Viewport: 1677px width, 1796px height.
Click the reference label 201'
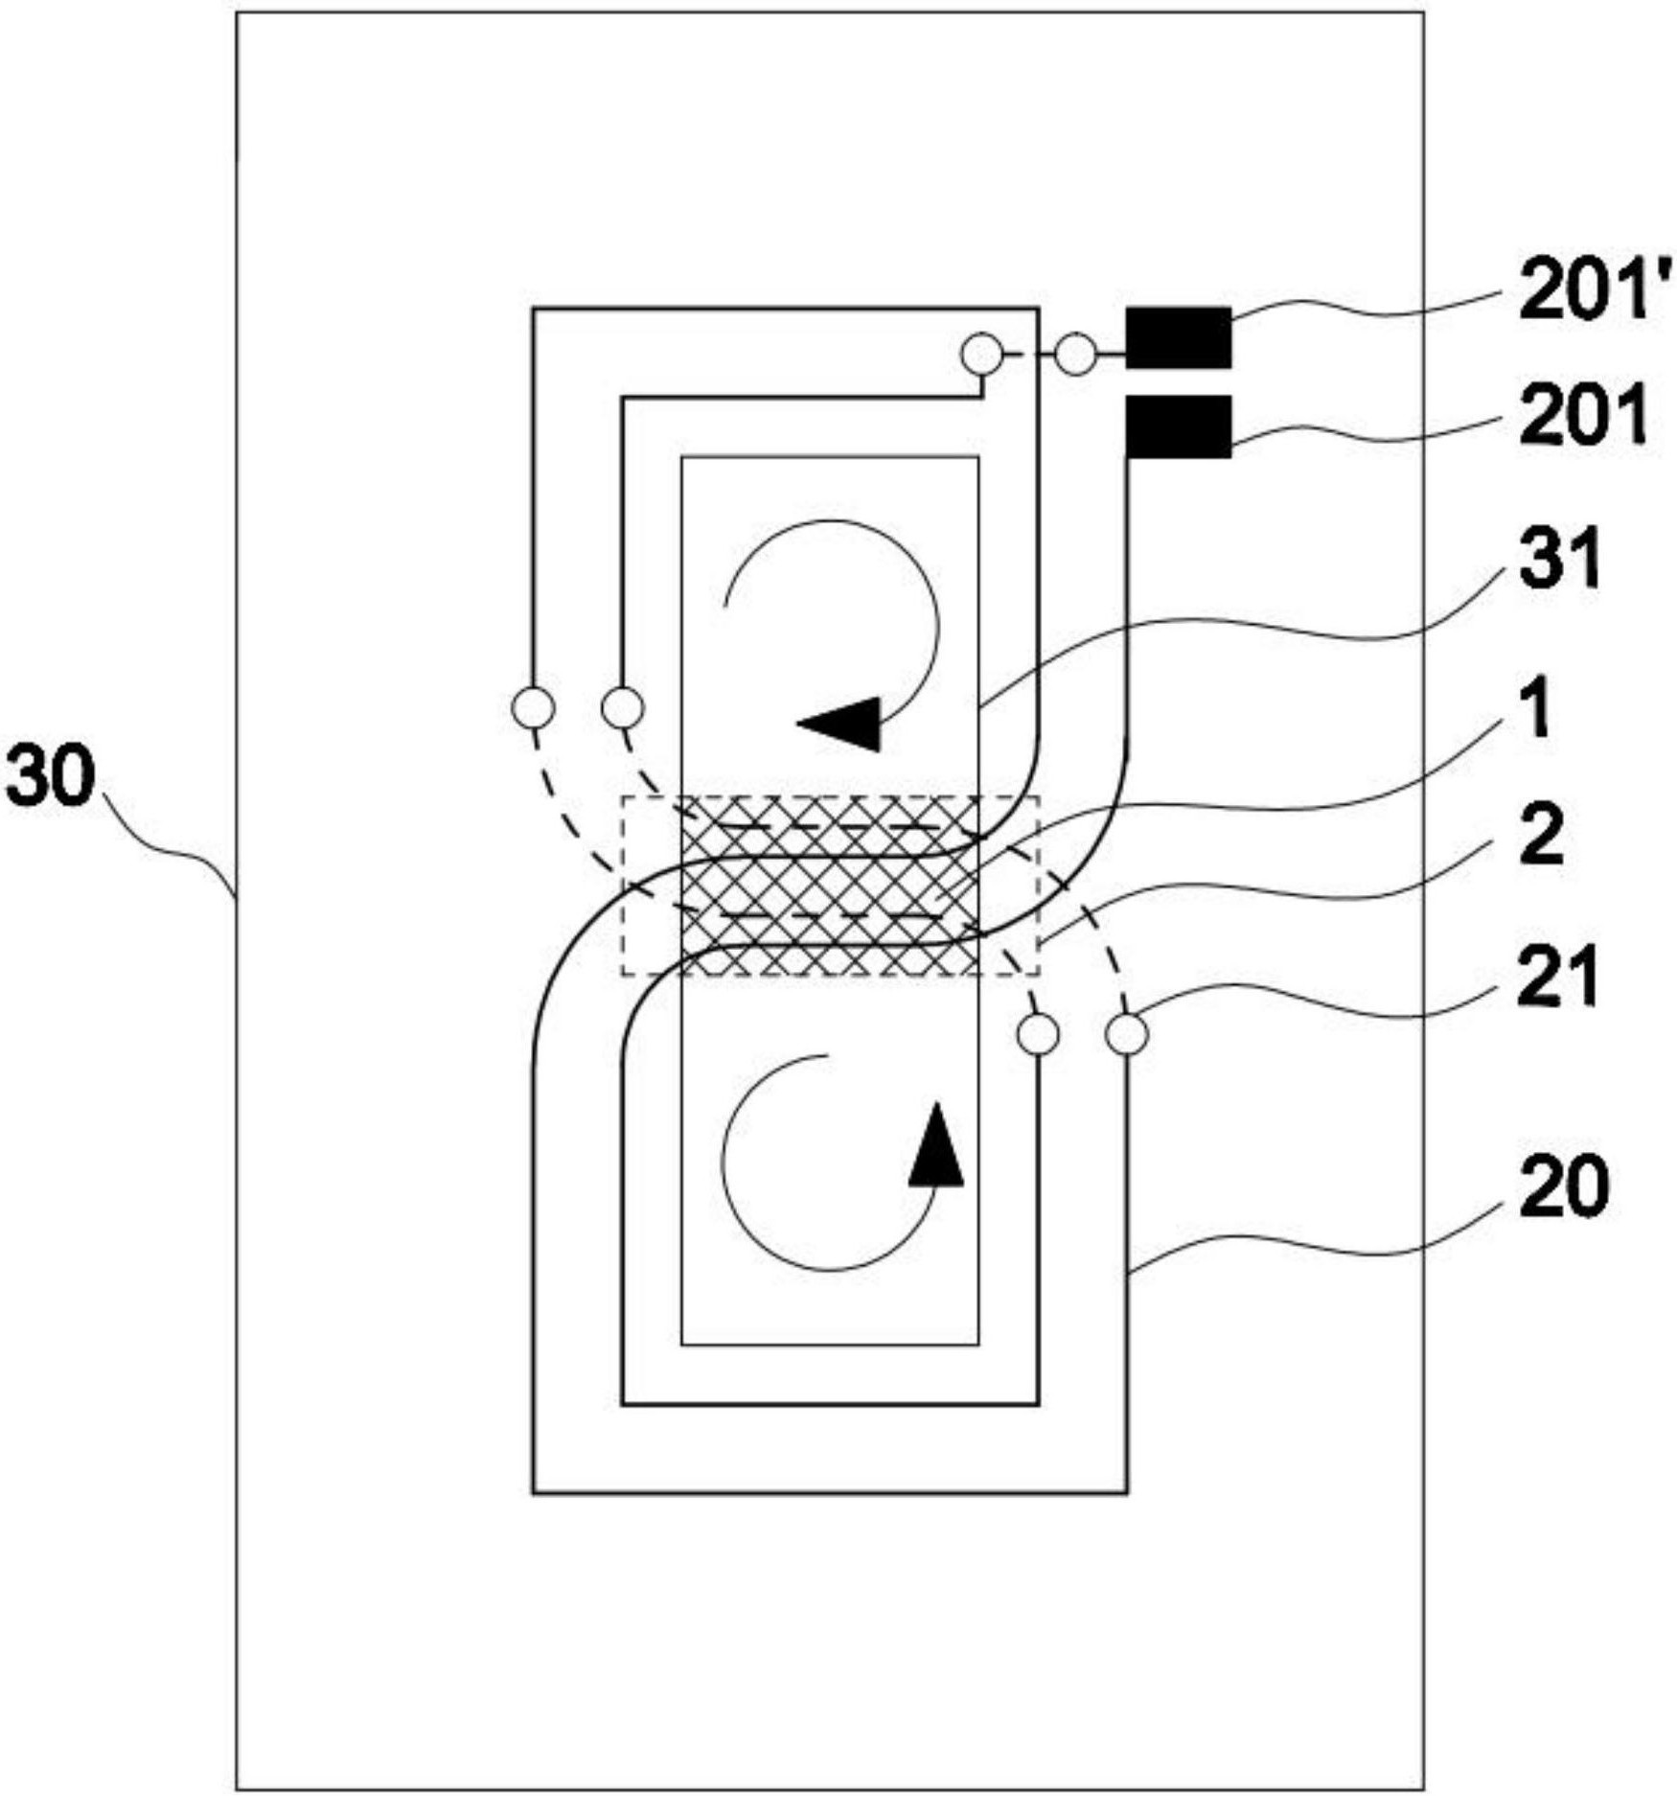(x=1596, y=293)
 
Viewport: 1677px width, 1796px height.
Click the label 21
(x=1557, y=978)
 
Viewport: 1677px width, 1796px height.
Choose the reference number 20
(x=1563, y=1189)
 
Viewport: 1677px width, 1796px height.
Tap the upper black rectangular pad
(x=1178, y=337)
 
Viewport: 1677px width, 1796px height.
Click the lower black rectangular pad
(x=1178, y=427)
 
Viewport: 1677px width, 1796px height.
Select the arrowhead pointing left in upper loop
(x=838, y=724)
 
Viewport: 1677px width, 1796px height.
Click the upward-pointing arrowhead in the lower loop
(x=936, y=1144)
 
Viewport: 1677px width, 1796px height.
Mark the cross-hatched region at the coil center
(x=830, y=886)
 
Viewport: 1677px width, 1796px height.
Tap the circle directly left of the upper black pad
(x=1075, y=355)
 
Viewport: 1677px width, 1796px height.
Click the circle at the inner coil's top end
(x=981, y=355)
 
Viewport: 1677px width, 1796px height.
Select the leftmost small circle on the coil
(x=533, y=709)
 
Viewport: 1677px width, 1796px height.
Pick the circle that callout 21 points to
(x=1127, y=1034)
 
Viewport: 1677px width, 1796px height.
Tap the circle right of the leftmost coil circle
(x=622, y=709)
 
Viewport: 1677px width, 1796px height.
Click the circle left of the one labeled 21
(x=1038, y=1034)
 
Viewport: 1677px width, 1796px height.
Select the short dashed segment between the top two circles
(x=1028, y=355)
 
